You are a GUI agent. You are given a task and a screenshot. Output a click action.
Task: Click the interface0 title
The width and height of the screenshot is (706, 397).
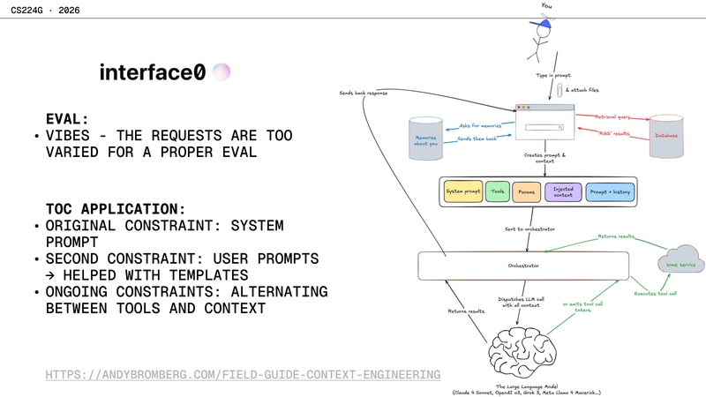point(152,72)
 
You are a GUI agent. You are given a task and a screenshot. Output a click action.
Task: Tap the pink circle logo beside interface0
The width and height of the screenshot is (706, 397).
point(222,72)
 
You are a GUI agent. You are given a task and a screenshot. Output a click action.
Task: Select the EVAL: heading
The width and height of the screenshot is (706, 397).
point(68,117)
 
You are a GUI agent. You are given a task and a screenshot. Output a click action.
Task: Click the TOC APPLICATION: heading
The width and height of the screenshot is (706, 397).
point(116,209)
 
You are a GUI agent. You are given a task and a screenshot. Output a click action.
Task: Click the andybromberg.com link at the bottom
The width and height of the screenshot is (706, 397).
point(243,375)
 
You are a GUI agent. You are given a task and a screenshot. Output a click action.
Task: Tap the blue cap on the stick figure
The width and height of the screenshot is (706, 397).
point(545,26)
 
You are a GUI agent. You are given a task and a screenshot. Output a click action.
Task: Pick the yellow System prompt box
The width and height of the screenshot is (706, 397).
point(462,191)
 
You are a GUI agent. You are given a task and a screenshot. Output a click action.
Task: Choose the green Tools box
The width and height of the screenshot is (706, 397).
point(498,191)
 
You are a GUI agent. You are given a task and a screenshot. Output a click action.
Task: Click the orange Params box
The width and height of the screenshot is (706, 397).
point(526,191)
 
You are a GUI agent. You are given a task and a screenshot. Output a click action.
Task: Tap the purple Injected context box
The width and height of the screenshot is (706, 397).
point(562,191)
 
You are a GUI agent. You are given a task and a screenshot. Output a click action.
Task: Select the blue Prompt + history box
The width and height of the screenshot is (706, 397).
point(610,191)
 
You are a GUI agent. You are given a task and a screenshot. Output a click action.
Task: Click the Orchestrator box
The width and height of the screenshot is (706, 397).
point(523,266)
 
